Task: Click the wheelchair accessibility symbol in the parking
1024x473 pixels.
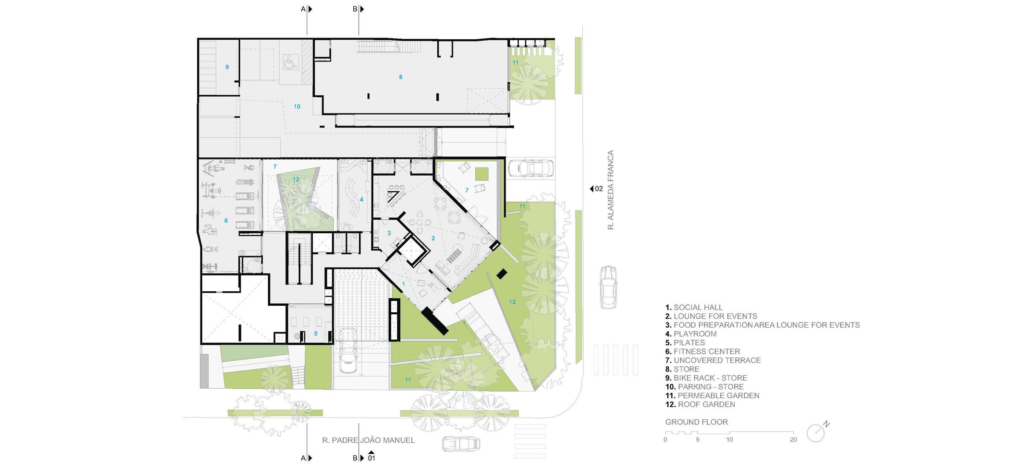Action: pos(291,63)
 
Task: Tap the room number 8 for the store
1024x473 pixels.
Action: pos(401,77)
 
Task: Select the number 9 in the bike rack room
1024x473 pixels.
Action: pos(227,67)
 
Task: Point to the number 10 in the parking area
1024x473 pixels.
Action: pos(297,107)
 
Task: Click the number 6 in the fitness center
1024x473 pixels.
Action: pos(226,221)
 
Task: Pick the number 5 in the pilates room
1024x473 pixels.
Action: pos(316,334)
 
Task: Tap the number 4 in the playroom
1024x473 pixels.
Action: pos(361,199)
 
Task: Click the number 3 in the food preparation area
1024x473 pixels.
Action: pos(389,233)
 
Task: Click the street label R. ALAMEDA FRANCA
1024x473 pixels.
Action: pos(611,190)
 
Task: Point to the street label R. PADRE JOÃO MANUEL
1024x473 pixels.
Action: pos(368,440)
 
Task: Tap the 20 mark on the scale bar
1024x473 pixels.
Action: pos(793,440)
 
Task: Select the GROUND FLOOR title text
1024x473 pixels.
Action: pos(696,422)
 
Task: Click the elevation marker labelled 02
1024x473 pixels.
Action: pos(596,189)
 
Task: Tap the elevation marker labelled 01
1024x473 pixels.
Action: pos(371,456)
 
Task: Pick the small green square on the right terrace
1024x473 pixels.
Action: pos(482,174)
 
